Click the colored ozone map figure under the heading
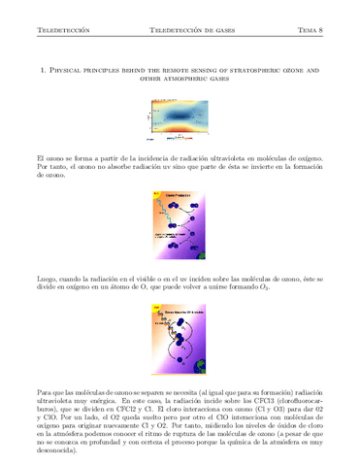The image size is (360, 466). point(180,119)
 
